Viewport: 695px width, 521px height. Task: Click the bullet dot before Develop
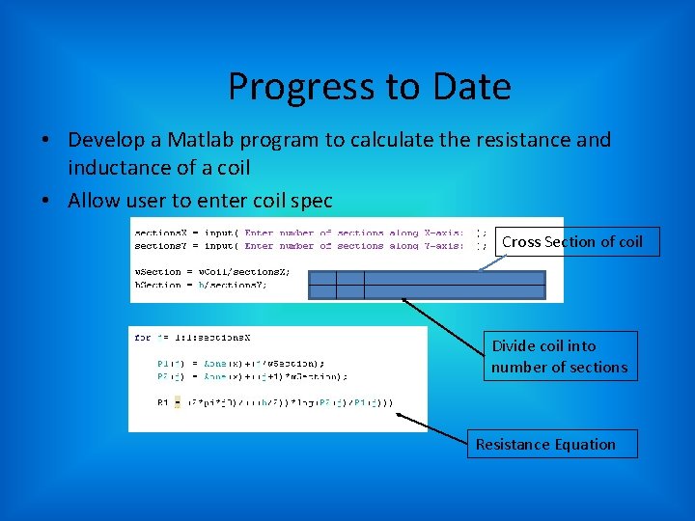coord(45,141)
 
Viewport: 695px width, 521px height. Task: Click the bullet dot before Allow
coord(45,202)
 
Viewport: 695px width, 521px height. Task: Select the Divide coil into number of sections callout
coord(560,356)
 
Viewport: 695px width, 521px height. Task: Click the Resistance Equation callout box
coord(552,444)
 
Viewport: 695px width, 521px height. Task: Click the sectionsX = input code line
coord(299,233)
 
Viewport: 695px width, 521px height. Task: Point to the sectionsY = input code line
coord(299,245)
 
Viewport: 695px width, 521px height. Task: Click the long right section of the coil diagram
coord(454,286)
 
